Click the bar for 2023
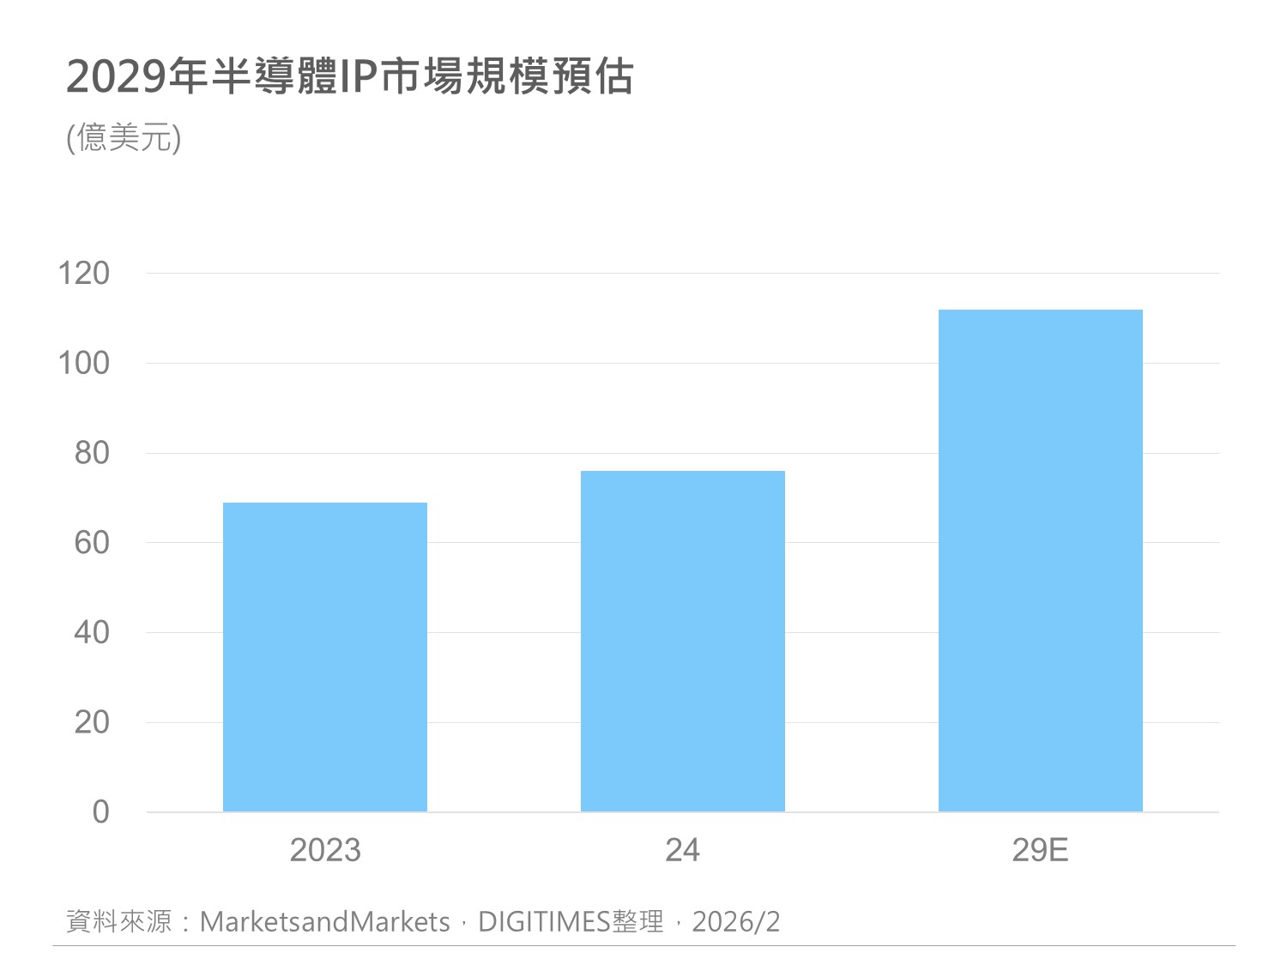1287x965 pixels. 325,657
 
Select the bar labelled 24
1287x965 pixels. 683,641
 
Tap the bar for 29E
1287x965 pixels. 1041,560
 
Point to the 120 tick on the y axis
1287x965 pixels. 84,274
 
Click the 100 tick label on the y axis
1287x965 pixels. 84,363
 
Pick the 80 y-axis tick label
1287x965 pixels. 92,453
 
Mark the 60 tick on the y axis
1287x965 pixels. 92,543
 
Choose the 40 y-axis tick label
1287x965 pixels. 92,633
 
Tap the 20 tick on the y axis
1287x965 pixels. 92,722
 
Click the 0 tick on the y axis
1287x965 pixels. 100,811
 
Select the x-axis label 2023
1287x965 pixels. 325,850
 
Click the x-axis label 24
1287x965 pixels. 683,850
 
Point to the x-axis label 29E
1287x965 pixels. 1040,850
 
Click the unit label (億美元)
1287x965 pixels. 124,138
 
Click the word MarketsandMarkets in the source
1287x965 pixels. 324,922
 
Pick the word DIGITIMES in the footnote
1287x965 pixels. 544,922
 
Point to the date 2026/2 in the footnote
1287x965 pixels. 736,922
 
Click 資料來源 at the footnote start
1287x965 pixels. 119,922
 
